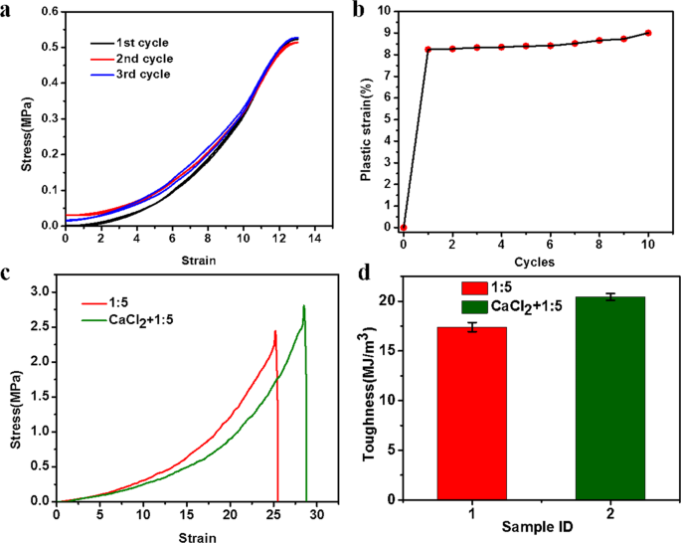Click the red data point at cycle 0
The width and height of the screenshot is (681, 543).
[404, 228]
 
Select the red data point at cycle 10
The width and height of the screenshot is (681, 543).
[648, 33]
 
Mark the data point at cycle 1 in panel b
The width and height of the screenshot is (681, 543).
[428, 49]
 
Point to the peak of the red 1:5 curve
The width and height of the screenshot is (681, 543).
[275, 331]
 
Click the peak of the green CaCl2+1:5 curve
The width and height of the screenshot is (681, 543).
[303, 305]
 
